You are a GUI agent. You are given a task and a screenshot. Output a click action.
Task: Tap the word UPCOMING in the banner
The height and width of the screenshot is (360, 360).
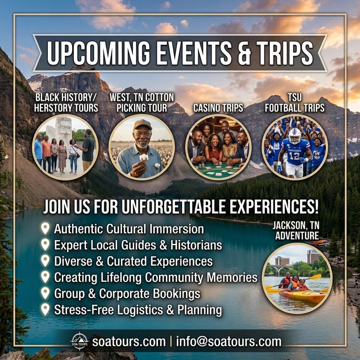pos(98,53)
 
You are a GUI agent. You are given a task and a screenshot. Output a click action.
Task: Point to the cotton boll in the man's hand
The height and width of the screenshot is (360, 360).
pos(144,157)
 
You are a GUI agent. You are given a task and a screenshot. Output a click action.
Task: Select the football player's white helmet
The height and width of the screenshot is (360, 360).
pos(295,136)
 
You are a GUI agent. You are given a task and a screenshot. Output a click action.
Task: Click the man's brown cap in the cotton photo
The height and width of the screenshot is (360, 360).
pos(142,124)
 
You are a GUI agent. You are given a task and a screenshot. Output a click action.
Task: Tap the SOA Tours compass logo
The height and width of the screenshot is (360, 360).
pos(80,341)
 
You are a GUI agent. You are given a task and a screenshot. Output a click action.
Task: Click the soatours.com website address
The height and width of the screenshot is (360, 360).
pos(129,341)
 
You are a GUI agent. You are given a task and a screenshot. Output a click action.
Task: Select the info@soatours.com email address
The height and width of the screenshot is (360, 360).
pos(229,341)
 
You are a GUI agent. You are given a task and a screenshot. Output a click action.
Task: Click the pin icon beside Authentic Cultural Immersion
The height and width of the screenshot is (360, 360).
pos(45,228)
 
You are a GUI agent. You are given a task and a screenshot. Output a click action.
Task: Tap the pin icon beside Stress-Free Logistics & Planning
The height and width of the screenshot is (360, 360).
pos(45,309)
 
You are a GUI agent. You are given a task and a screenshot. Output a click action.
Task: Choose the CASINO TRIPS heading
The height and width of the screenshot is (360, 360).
pos(218,108)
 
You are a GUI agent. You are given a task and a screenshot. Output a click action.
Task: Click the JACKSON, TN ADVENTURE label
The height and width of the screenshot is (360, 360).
pos(296,230)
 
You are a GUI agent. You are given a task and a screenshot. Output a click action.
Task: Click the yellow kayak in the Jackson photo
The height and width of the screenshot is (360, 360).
pos(303,296)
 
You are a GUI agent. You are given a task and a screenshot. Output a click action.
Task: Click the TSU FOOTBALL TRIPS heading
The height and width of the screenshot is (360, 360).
pos(295,103)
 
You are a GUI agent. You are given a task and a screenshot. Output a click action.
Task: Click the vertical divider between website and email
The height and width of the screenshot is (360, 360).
pos(171,341)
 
